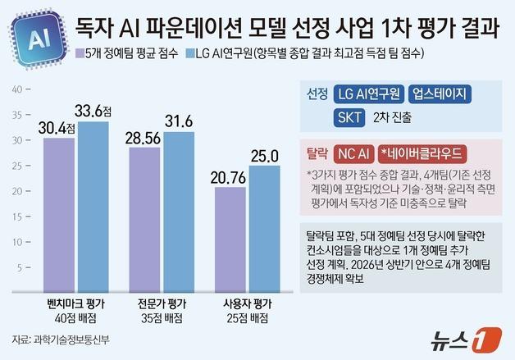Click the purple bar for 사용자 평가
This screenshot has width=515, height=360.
point(231,238)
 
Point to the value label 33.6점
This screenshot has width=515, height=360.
point(96,109)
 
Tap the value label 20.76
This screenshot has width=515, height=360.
point(230,177)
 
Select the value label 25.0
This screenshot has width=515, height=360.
point(265,154)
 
